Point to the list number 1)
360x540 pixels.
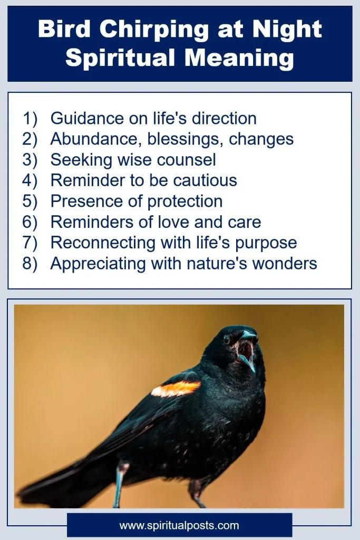(x=31, y=119)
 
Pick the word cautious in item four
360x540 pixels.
(x=205, y=180)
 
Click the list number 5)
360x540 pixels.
(x=31, y=201)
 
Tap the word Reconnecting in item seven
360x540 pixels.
(x=98, y=243)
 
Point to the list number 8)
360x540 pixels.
(x=31, y=263)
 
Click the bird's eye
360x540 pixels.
(x=227, y=340)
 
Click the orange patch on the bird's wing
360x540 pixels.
(x=176, y=389)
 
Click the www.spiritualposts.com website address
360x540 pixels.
(x=179, y=525)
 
